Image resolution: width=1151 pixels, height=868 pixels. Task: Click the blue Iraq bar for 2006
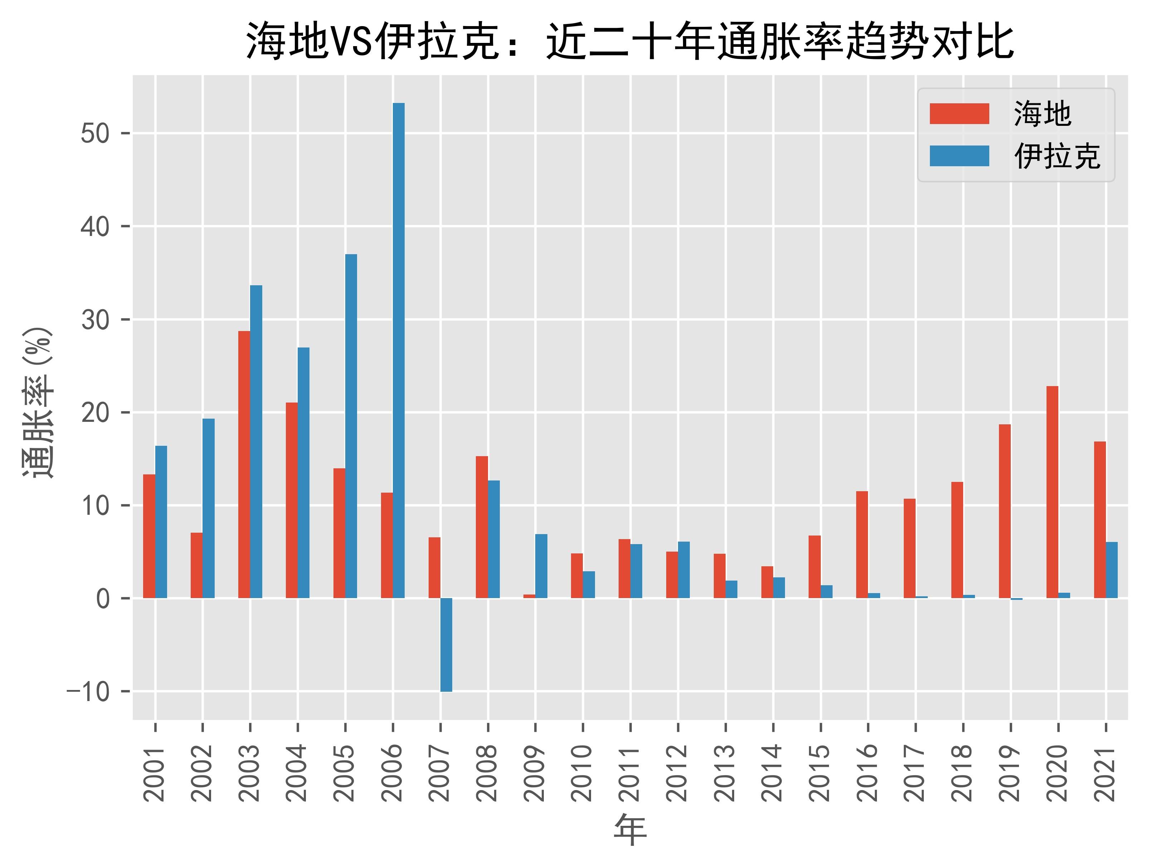tap(399, 351)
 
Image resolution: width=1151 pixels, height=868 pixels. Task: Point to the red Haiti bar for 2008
tap(482, 527)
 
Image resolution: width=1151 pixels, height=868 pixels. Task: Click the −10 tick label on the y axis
tap(88, 692)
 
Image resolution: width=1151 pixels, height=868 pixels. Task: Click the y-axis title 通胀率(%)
tap(38, 403)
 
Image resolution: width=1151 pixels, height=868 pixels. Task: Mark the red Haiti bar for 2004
tap(291, 500)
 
